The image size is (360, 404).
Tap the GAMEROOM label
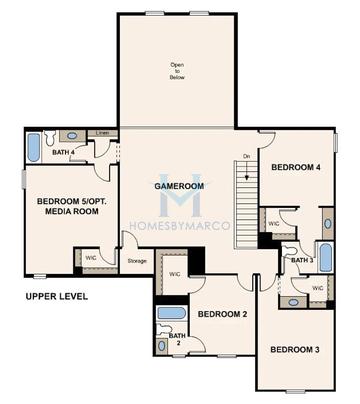tap(179, 186)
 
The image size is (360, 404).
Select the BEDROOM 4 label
tap(296, 168)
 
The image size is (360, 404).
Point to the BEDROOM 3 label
tap(295, 349)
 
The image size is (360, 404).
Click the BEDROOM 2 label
tap(221, 314)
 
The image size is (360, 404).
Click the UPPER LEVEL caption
tap(56, 296)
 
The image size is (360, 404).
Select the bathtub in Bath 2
tap(171, 313)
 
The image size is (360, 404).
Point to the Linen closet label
tap(101, 133)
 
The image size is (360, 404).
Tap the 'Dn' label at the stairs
tap(246, 156)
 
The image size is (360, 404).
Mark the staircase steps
tap(246, 200)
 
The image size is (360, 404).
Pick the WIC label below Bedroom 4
tap(274, 224)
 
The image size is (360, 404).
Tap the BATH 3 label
tap(302, 260)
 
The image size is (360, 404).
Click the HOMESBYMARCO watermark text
tap(180, 226)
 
